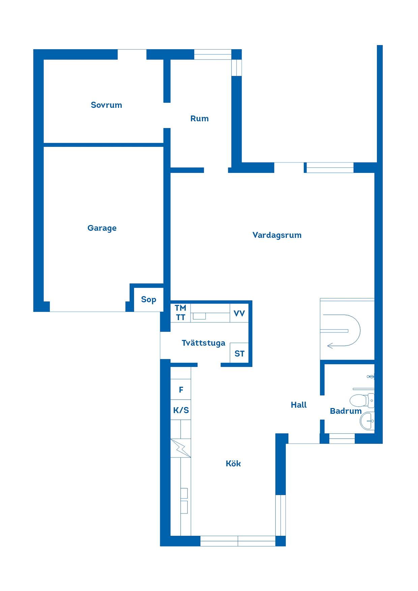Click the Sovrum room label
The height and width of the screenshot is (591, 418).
(x=106, y=105)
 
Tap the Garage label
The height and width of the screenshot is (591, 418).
(x=102, y=228)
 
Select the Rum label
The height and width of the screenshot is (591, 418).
(x=200, y=119)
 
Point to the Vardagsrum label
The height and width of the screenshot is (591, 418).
(x=277, y=235)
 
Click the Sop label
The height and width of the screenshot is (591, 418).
(x=149, y=300)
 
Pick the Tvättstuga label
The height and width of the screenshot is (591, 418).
(x=204, y=343)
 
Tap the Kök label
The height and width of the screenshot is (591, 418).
(x=233, y=464)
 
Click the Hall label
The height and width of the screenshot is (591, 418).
(x=299, y=405)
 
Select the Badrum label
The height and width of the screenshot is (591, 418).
(x=346, y=411)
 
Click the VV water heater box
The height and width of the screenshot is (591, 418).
(x=239, y=313)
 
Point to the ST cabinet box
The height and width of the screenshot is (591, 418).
(x=239, y=353)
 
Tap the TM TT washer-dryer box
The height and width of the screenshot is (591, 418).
(x=181, y=313)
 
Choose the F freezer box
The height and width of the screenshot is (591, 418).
(x=181, y=390)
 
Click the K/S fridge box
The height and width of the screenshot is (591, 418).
(x=181, y=410)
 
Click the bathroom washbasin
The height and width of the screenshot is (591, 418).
(x=367, y=421)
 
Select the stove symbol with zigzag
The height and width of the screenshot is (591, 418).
(x=181, y=448)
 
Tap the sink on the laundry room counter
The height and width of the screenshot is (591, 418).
(x=199, y=316)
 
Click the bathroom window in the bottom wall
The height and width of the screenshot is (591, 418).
(x=342, y=438)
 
